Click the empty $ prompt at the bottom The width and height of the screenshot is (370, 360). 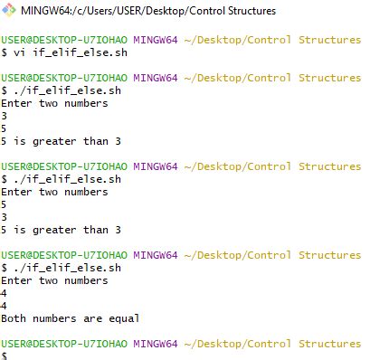(x=5, y=355)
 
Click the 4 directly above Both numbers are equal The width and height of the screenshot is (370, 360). (x=5, y=306)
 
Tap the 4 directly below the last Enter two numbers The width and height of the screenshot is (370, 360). (x=5, y=293)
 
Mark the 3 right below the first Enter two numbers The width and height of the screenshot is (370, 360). (x=5, y=116)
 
